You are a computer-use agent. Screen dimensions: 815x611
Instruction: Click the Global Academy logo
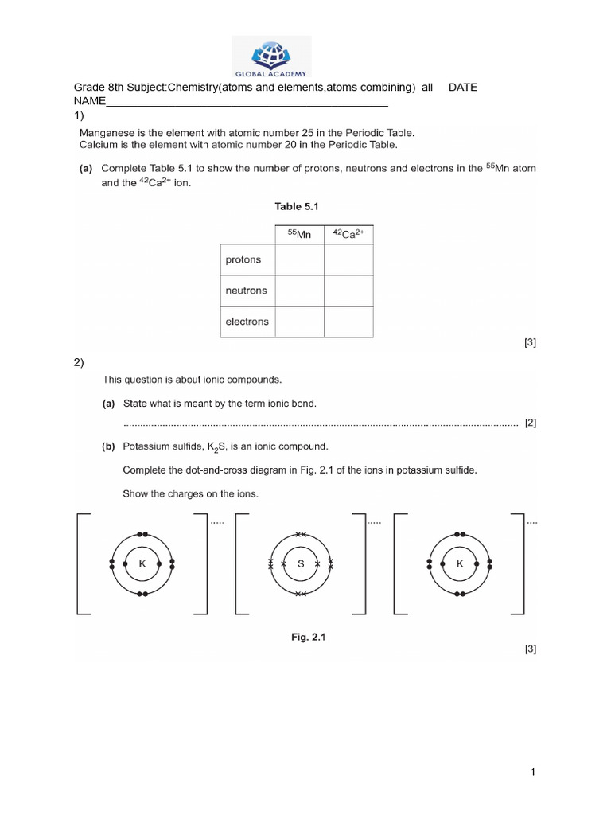(272, 57)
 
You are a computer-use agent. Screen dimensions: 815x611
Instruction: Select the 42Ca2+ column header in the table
(348, 234)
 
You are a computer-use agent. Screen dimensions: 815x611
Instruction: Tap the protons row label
(243, 259)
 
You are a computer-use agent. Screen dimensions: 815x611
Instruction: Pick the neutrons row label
(246, 291)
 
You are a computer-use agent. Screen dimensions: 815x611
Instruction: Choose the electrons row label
(247, 322)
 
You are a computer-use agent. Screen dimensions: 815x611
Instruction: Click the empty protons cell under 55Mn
(299, 259)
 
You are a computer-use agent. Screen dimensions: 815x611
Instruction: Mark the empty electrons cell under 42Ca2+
(348, 322)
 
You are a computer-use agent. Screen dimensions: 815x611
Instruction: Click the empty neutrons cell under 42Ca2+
(348, 291)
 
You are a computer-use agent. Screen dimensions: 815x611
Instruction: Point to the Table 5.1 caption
(297, 206)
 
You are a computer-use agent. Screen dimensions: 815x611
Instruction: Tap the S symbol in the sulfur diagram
(301, 563)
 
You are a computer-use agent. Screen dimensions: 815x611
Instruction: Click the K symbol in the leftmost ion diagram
(143, 563)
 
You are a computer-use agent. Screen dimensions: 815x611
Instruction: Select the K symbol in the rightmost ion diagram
(459, 563)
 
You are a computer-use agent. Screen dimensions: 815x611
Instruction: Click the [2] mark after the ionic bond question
(531, 423)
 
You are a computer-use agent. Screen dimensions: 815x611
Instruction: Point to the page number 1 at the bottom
(535, 772)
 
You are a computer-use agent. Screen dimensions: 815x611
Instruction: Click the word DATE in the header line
(463, 88)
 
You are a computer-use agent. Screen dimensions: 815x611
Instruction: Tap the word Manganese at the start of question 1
(107, 133)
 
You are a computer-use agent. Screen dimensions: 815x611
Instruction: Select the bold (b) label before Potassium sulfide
(108, 446)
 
